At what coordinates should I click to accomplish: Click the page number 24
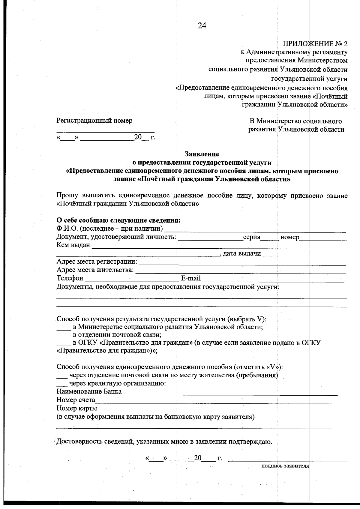[202, 26]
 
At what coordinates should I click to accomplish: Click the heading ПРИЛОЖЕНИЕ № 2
[315, 44]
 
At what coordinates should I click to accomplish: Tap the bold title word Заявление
[202, 154]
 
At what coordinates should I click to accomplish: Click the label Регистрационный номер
[94, 121]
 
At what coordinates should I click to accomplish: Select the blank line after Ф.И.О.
[255, 230]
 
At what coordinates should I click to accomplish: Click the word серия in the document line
[251, 237]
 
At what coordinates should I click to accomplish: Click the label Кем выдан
[73, 245]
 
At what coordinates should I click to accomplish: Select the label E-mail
[191, 278]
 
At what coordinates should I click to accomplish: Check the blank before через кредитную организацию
[62, 384]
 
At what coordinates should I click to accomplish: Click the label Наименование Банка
[89, 391]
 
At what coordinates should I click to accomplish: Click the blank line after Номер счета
[216, 401]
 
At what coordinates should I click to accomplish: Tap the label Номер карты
[76, 408]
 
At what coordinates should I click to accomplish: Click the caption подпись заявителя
[285, 466]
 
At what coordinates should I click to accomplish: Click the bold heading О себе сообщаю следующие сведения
[118, 221]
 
